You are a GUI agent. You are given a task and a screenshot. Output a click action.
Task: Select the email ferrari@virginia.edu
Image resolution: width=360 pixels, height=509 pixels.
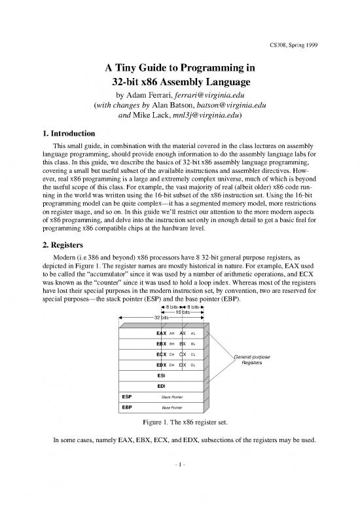(221, 95)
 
